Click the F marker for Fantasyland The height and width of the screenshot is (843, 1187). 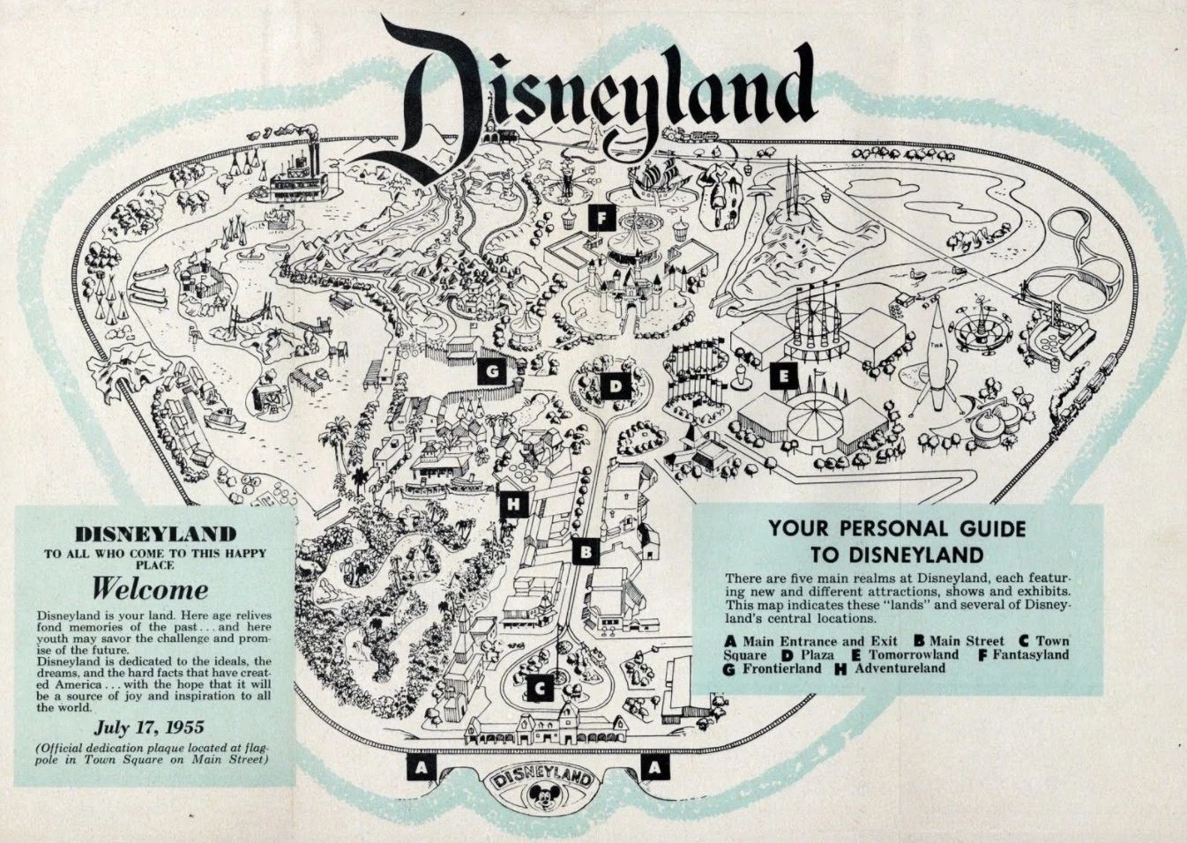click(x=600, y=217)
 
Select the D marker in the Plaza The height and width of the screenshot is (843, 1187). click(x=614, y=385)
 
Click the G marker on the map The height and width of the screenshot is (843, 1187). click(x=491, y=372)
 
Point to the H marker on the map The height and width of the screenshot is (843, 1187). click(x=511, y=505)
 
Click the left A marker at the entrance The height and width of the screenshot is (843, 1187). click(x=422, y=767)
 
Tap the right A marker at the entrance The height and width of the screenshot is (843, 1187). click(x=653, y=767)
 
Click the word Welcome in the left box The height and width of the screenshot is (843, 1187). click(x=151, y=588)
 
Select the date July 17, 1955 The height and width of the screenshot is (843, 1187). click(x=149, y=727)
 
